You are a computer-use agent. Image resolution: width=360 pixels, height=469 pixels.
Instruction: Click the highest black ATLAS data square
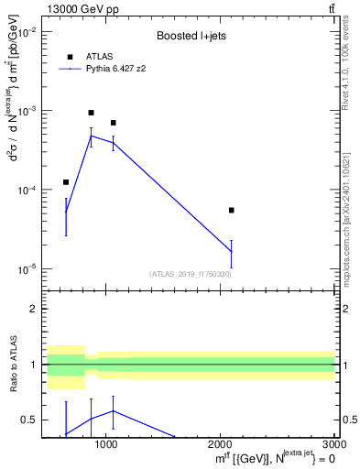click(91, 113)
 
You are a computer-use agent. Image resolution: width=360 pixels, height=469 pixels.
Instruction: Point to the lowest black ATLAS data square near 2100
click(231, 210)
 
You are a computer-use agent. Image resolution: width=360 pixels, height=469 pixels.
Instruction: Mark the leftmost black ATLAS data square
click(66, 182)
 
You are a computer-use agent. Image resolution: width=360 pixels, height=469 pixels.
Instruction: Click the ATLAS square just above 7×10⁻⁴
click(113, 123)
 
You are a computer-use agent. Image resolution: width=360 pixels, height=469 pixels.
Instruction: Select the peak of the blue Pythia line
click(91, 136)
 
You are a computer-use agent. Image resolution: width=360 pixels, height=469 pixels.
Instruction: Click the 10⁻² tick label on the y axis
click(27, 31)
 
